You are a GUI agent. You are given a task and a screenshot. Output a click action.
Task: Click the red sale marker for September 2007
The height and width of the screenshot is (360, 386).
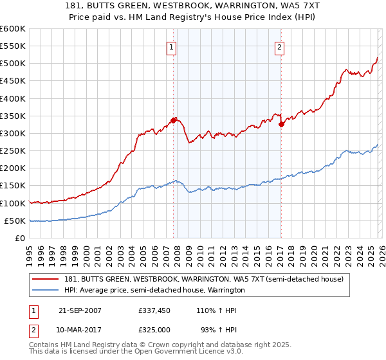[174, 120]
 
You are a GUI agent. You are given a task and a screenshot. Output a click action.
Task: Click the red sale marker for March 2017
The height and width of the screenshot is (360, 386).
[281, 125]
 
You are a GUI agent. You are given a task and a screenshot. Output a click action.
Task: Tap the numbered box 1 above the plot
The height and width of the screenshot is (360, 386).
[173, 46]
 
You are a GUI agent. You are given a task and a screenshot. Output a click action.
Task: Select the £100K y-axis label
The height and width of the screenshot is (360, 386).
[13, 203]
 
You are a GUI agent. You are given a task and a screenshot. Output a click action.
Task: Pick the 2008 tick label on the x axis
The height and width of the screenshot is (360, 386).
[177, 254]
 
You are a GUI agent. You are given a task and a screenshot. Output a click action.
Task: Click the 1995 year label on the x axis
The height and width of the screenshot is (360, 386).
[30, 254]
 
